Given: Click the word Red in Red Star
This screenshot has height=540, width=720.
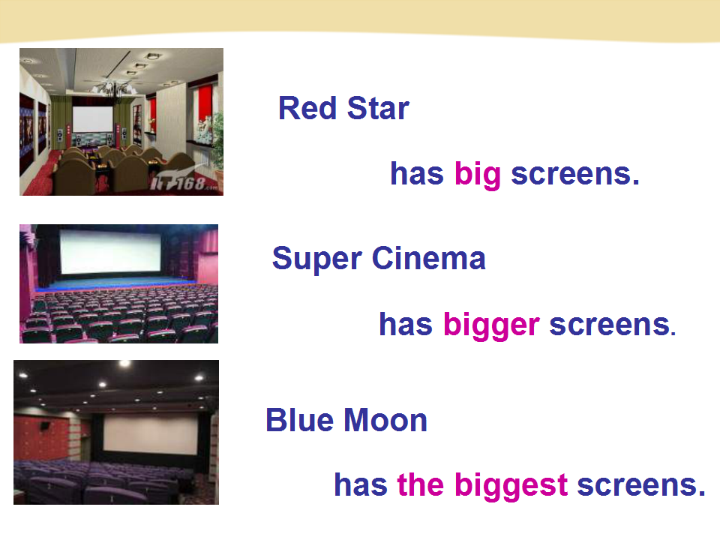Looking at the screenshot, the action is click(307, 108).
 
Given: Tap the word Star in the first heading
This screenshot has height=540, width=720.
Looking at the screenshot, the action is click(378, 108).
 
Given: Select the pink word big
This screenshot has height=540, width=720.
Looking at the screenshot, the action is click(477, 175).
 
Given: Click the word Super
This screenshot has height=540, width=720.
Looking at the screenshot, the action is click(316, 259).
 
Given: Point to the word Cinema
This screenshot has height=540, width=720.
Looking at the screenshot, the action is click(428, 258).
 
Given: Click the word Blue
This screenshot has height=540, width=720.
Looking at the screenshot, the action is click(299, 420).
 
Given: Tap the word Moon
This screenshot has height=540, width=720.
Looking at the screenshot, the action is click(385, 420).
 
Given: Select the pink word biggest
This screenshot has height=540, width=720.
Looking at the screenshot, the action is click(511, 486).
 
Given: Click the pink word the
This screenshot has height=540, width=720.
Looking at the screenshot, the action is click(420, 485).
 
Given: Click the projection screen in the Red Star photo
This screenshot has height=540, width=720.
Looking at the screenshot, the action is click(92, 119).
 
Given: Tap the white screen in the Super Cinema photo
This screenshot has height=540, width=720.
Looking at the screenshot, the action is click(110, 252).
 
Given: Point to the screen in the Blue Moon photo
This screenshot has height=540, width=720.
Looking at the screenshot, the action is click(151, 433).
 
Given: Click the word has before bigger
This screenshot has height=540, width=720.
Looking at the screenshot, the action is click(406, 325).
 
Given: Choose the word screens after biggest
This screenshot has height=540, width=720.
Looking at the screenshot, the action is click(640, 485).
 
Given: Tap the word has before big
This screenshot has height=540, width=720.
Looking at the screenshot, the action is click(417, 174).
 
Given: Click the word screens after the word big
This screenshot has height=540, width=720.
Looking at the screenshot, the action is click(575, 175).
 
